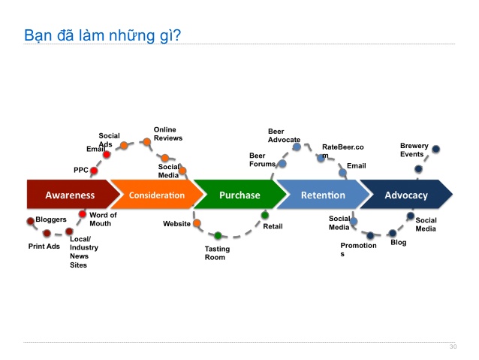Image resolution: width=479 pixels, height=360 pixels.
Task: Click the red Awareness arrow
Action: pos(70,195)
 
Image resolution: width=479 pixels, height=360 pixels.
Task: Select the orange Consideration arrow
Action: pos(156,195)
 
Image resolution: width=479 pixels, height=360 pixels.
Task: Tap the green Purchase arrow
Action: pos(239,195)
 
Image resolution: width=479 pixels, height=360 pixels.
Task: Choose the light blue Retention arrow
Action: pos(323,195)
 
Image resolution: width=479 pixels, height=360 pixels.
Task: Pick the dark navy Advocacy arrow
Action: pos(406,195)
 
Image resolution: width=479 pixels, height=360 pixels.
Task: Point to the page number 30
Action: pos(453,346)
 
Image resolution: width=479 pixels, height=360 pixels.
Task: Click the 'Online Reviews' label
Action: pos(167,134)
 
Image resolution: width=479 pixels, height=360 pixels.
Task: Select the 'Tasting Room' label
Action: pos(217,253)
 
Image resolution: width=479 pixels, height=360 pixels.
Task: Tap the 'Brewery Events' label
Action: pos(414,150)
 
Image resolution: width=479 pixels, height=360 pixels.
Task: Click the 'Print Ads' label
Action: pos(44,246)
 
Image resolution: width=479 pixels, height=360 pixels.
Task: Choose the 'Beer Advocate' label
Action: pos(284,135)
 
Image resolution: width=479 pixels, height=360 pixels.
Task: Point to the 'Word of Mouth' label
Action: pos(103,219)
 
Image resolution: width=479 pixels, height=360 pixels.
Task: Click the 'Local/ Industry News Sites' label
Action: pos(83,252)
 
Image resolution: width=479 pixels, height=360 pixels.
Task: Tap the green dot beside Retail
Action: pos(265,215)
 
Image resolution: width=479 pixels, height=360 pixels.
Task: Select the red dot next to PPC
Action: pos(94,171)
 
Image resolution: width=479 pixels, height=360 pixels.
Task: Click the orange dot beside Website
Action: pos(197,223)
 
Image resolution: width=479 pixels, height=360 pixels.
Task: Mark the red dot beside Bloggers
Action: pos(31,221)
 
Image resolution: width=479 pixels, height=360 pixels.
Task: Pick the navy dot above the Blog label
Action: pos(392,234)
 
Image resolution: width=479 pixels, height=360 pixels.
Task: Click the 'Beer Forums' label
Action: pos(262,159)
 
